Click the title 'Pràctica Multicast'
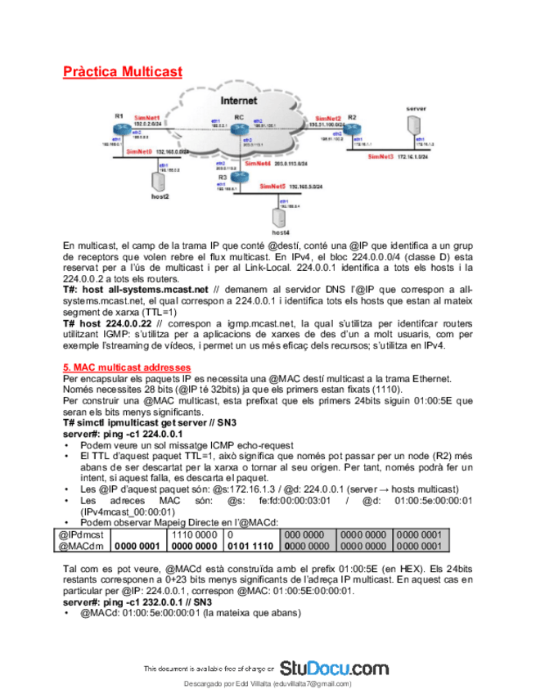123,72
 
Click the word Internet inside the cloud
239,101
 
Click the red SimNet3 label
381,156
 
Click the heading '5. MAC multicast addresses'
127,367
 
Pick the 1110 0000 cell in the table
191,534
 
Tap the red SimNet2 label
322,119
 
